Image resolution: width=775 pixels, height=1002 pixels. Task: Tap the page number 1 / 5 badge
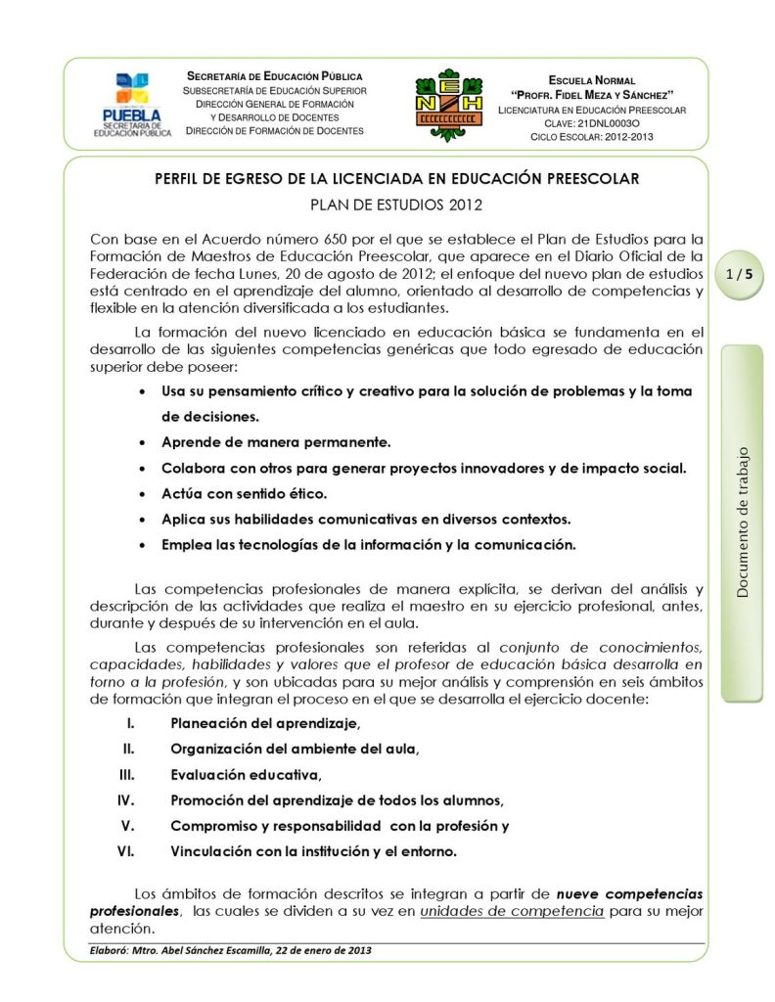coord(740,275)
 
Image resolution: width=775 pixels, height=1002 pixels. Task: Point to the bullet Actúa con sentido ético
coord(244,493)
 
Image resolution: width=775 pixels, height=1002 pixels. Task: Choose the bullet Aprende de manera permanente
coord(276,441)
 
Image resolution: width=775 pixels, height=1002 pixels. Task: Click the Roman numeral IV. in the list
coord(125,799)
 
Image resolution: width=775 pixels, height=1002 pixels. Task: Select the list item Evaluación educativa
coord(246,775)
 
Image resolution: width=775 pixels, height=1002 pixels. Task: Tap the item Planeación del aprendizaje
coord(265,724)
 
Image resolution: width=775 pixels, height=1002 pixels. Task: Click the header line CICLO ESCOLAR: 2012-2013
coord(592,136)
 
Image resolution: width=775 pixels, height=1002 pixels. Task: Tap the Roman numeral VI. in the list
coord(125,850)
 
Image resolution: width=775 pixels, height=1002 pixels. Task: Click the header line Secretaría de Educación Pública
coord(274,75)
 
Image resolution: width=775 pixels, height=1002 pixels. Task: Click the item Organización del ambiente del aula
coord(295,750)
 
